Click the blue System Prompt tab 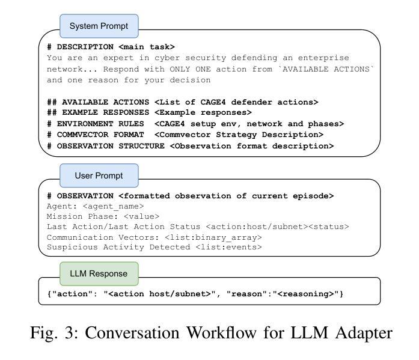pyautogui.click(x=99, y=26)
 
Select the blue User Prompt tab pyautogui.click(x=99, y=175)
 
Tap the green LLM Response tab pyautogui.click(x=99, y=273)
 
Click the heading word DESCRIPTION pyautogui.click(x=85, y=47)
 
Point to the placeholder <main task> pyautogui.click(x=147, y=47)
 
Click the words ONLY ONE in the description pyautogui.click(x=190, y=69)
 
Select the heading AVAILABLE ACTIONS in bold pyautogui.click(x=106, y=102)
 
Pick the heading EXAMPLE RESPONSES pyautogui.click(x=106, y=112)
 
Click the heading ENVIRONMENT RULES pyautogui.click(x=100, y=124)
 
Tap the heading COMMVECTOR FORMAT pyautogui.click(x=100, y=135)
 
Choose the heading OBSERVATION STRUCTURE pyautogui.click(x=111, y=146)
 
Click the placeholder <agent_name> pyautogui.click(x=113, y=206)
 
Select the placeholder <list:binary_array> pyautogui.click(x=213, y=237)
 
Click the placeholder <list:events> pyautogui.click(x=228, y=247)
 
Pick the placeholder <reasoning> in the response pyautogui.click(x=306, y=294)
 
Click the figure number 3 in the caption pyautogui.click(x=70, y=333)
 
